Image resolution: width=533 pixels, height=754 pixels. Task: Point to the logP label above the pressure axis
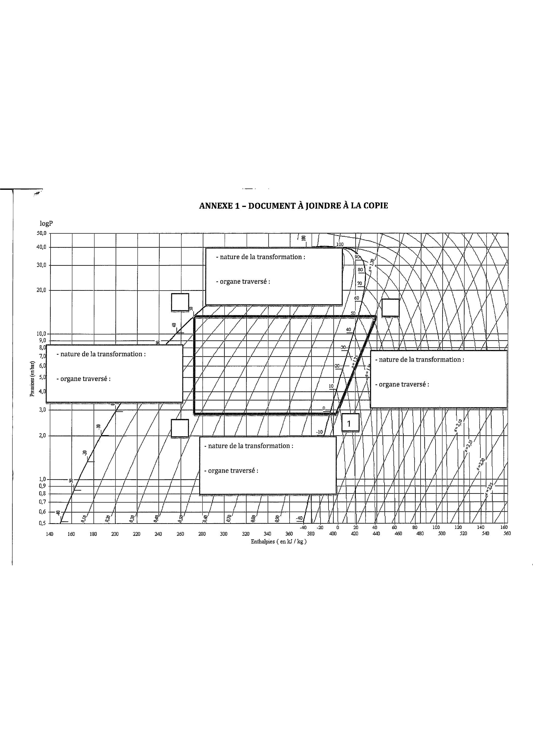click(46, 224)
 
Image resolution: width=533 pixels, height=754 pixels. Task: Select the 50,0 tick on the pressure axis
click(41, 233)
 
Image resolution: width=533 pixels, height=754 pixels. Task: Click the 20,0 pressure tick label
click(41, 290)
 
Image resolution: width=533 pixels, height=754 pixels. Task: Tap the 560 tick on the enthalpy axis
click(507, 534)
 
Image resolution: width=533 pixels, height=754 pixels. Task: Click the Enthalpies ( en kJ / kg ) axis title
click(278, 542)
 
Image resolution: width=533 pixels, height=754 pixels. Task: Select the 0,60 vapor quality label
click(205, 519)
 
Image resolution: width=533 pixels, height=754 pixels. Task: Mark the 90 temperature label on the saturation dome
click(358, 257)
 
